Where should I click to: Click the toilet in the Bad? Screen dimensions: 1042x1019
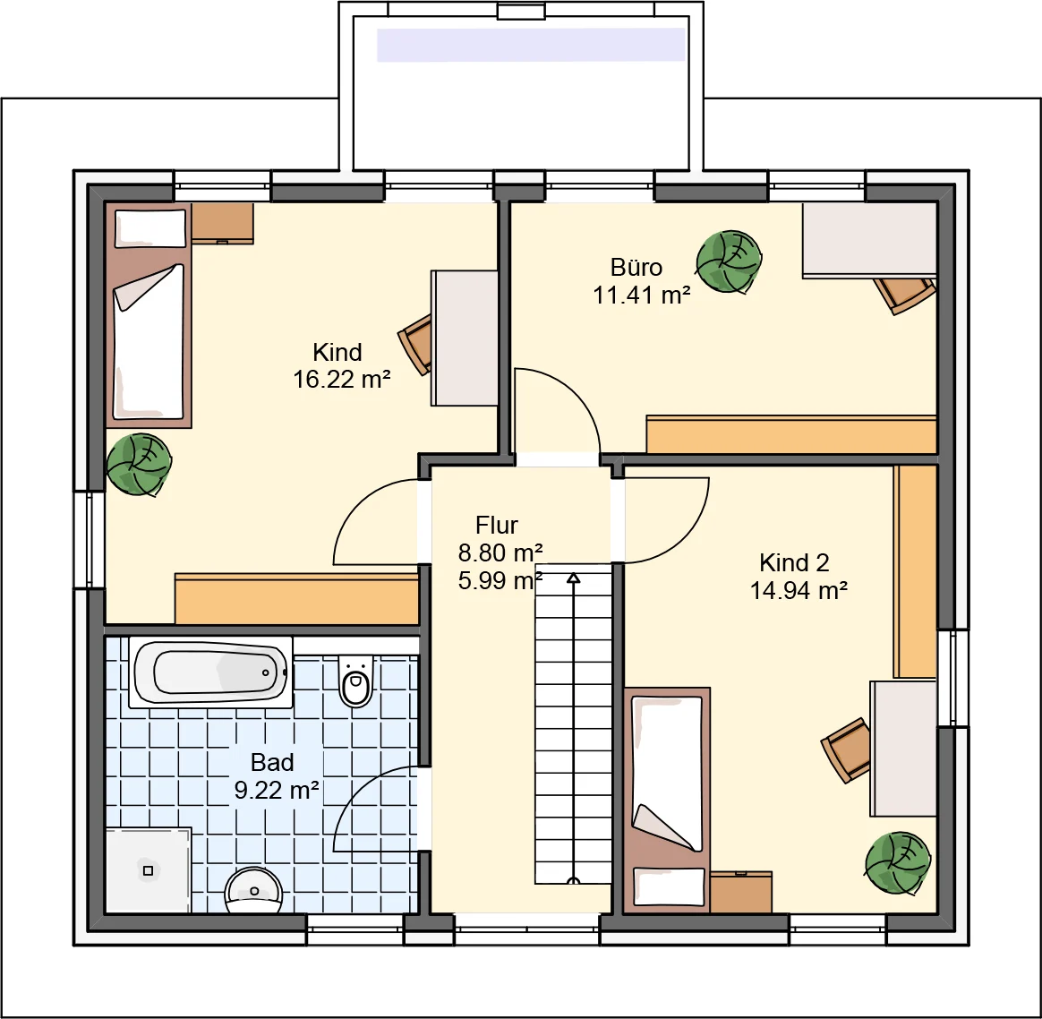coord(356,681)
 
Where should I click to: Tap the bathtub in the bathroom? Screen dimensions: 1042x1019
coord(210,672)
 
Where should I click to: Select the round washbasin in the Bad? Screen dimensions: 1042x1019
coord(253,891)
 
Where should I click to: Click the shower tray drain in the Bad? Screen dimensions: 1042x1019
coord(149,870)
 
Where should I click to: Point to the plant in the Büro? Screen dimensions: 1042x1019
coord(729,261)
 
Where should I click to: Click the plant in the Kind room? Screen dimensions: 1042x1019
coord(139,464)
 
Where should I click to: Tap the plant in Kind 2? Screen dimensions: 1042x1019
coord(898,863)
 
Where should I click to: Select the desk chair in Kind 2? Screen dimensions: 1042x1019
coord(846,749)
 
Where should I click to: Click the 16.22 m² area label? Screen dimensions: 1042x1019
coord(342,380)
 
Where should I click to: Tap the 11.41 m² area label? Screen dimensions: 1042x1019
coord(641,295)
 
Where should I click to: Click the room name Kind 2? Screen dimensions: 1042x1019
coord(794,563)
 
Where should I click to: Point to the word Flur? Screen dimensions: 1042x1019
coord(497,525)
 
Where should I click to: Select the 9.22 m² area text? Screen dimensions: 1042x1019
coord(277,790)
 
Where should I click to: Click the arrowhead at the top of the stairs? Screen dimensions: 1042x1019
coord(573,578)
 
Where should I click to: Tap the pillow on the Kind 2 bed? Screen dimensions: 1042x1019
coord(669,886)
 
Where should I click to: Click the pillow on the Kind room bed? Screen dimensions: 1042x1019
coord(150,228)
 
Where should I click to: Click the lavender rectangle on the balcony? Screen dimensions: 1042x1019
coord(531,45)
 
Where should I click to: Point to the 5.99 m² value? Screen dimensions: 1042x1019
coord(500,580)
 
